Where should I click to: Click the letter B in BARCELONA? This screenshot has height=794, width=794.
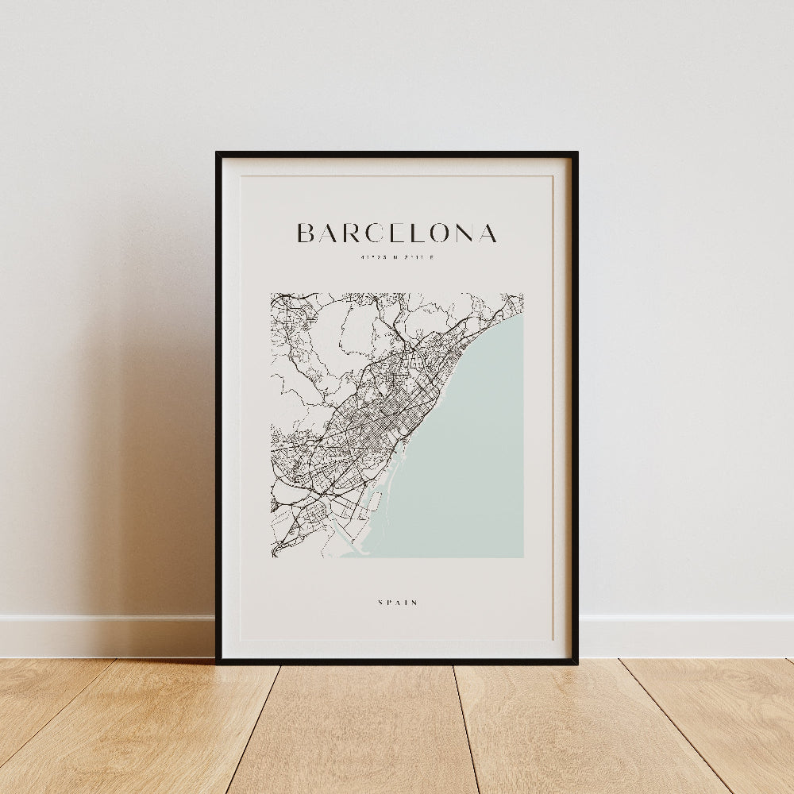(306, 233)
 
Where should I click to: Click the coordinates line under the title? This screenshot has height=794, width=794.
(397, 256)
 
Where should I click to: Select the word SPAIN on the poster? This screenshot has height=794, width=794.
(398, 603)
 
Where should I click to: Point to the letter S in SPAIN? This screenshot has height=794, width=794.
(381, 603)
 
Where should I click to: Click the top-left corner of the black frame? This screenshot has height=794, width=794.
(218, 153)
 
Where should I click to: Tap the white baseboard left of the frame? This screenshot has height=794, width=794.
(103, 635)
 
